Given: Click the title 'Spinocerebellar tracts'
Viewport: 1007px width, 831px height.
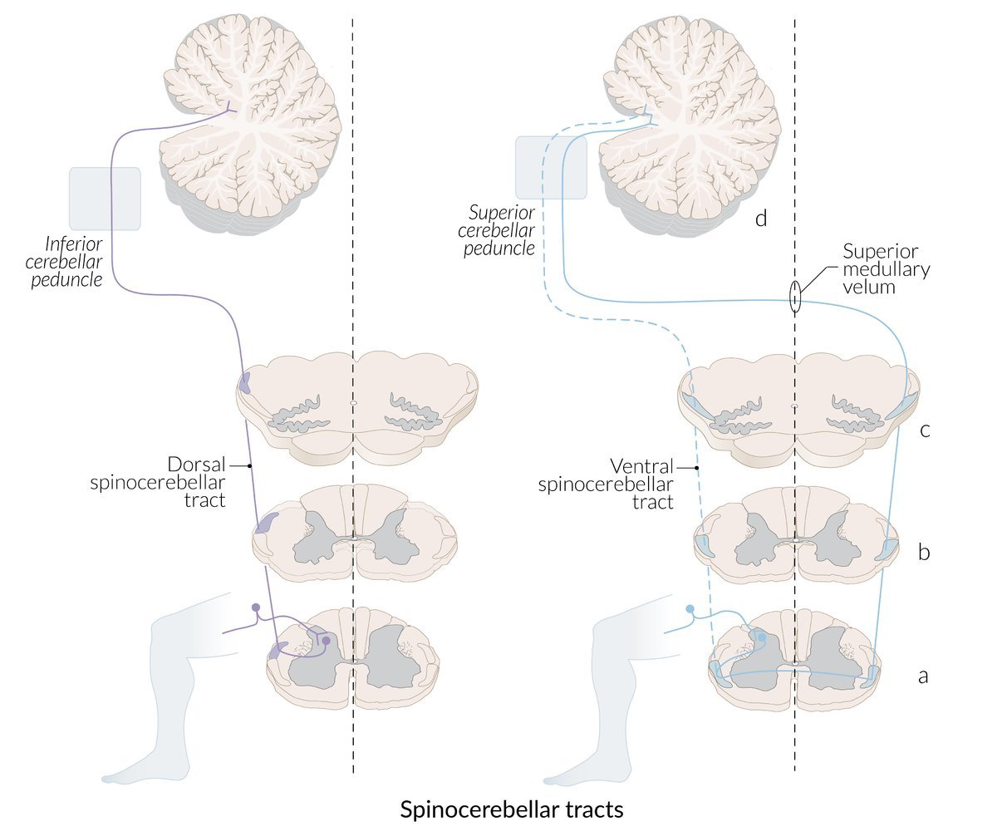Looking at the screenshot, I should (511, 809).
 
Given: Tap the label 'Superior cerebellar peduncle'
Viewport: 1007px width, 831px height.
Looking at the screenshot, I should (501, 230).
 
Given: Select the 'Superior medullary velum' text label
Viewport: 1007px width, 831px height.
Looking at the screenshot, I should (886, 269).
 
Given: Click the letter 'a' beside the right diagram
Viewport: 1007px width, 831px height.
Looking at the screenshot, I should (922, 676).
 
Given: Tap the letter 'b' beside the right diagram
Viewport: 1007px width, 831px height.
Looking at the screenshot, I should (923, 551).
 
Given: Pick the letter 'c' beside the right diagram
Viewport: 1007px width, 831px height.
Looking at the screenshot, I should (924, 430).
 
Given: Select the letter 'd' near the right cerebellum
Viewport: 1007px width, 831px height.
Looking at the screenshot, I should (760, 219).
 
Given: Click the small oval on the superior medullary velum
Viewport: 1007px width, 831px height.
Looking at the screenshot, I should (794, 297).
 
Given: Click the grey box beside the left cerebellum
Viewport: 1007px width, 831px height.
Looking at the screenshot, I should (105, 199).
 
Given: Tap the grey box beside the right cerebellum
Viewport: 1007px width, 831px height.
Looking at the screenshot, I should (551, 168).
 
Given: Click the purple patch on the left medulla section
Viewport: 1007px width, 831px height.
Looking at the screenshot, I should (245, 382).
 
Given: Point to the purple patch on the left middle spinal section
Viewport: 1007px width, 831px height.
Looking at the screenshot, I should (268, 523).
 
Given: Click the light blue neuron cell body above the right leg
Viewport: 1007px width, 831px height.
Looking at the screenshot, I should (690, 610).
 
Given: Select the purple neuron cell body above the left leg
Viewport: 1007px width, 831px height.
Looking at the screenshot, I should (256, 607).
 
